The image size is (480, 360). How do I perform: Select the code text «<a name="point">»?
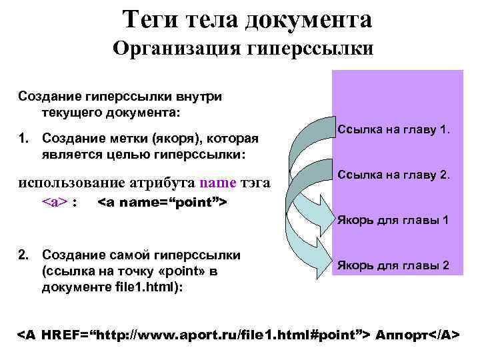[x=163, y=201]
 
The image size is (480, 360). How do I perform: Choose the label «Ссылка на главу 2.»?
[x=395, y=176]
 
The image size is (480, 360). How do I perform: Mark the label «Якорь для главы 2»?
[x=393, y=265]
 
